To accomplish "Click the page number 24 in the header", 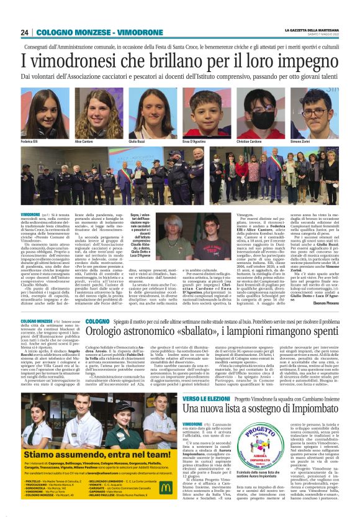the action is [24, 33].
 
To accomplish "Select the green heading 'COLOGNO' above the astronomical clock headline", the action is [98, 321].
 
